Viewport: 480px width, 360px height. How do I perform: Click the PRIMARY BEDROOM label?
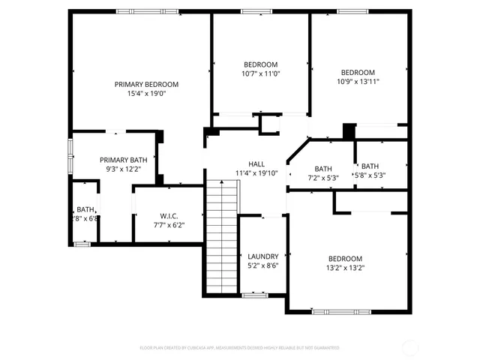pyautogui.click(x=146, y=84)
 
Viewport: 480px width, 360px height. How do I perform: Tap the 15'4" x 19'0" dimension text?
pyautogui.click(x=146, y=94)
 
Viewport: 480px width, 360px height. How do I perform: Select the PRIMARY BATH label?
pyautogui.click(x=124, y=160)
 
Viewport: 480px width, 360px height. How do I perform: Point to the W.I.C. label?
pyautogui.click(x=168, y=215)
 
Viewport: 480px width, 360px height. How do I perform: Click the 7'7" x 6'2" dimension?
pyautogui.click(x=168, y=225)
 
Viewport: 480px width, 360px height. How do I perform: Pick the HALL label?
pyautogui.click(x=256, y=163)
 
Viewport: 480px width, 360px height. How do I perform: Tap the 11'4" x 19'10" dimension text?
pyautogui.click(x=256, y=173)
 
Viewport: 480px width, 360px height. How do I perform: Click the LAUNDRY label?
pyautogui.click(x=262, y=256)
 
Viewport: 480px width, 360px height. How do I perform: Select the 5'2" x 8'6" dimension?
pyautogui.click(x=262, y=265)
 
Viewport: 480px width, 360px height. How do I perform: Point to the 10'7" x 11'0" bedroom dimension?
pyautogui.click(x=260, y=73)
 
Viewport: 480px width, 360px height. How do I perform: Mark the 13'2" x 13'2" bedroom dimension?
pyautogui.click(x=345, y=268)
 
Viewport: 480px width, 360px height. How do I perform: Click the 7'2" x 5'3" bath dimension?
pyautogui.click(x=323, y=178)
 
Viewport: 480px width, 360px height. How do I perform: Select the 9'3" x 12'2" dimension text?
pyautogui.click(x=124, y=169)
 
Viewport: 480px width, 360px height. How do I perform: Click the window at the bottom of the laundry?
pyautogui.click(x=255, y=295)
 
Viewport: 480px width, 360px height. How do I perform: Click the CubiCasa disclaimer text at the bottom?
pyautogui.click(x=240, y=348)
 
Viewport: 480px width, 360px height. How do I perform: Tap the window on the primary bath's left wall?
pyautogui.click(x=70, y=154)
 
